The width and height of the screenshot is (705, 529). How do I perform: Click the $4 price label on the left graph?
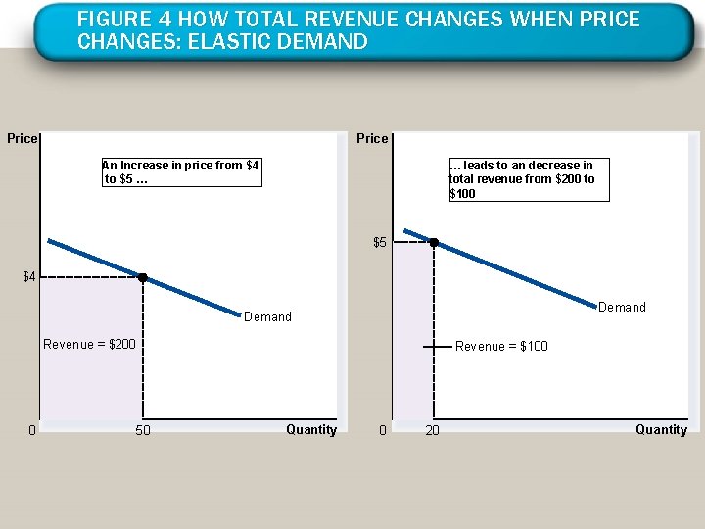click(x=29, y=277)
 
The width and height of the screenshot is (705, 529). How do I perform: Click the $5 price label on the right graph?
click(x=380, y=242)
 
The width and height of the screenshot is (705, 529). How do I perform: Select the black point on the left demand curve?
click(x=142, y=278)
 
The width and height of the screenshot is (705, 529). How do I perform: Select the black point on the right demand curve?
click(x=434, y=242)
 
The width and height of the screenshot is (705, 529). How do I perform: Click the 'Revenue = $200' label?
click(x=89, y=344)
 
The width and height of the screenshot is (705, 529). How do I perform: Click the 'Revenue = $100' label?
click(x=501, y=346)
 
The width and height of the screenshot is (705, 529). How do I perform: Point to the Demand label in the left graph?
click(x=267, y=316)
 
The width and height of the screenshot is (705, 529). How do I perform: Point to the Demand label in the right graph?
click(x=622, y=307)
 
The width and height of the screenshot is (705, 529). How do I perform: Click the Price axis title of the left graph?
click(x=22, y=138)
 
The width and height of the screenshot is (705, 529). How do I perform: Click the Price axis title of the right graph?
click(x=372, y=138)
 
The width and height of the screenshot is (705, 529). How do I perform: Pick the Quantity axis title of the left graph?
click(x=311, y=429)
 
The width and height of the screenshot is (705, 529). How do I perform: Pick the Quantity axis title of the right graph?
click(x=661, y=429)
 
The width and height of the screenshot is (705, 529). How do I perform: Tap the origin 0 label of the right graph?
click(x=383, y=430)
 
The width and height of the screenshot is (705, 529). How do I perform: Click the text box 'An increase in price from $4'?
click(x=181, y=171)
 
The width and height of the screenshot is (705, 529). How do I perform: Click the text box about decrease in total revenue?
click(x=527, y=179)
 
